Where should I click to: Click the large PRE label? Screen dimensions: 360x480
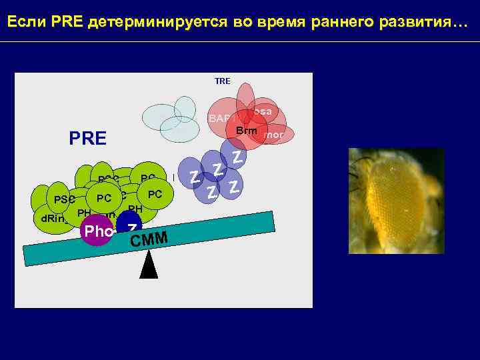(87, 139)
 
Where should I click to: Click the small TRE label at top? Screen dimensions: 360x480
(223, 81)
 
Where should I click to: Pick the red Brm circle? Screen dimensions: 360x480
(246, 130)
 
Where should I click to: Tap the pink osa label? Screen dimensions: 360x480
(263, 111)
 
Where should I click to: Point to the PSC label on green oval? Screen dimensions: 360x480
(65, 199)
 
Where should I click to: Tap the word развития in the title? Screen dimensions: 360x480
(416, 23)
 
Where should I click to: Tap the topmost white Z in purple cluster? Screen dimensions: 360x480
(237, 157)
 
